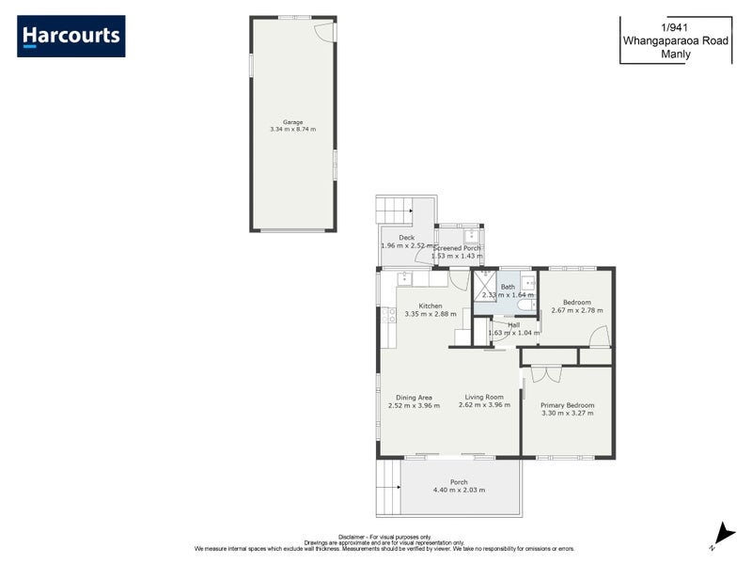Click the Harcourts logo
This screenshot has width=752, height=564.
[70, 36]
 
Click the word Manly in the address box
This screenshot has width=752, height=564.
[676, 54]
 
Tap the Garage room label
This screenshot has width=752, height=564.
[292, 121]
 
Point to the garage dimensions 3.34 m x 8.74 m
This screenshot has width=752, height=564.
[292, 129]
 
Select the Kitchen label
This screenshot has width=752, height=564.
[431, 305]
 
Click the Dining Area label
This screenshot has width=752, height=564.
[414, 398]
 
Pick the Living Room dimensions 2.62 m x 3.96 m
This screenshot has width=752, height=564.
[484, 405]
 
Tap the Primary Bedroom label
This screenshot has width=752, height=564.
[567, 405]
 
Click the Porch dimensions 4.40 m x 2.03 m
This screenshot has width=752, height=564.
[459, 491]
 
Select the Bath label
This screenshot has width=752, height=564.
[508, 287]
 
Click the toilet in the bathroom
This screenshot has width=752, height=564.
[525, 305]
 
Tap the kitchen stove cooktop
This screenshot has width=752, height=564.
[387, 315]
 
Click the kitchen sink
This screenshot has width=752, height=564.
[404, 277]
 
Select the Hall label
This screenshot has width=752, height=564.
[513, 325]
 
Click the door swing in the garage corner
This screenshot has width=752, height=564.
[324, 31]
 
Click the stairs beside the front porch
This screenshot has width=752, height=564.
[388, 488]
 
